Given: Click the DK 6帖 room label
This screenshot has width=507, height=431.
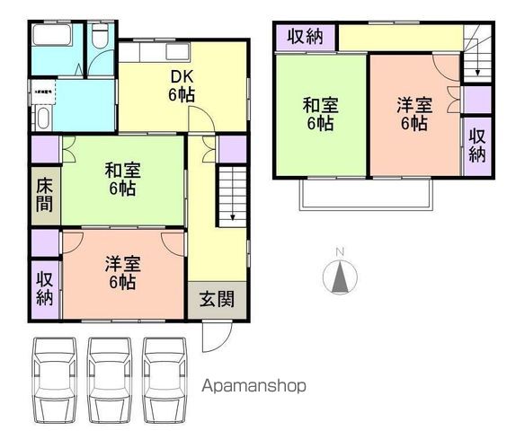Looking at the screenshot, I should [x=182, y=84].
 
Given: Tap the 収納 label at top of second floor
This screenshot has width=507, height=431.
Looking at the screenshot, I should [x=306, y=38].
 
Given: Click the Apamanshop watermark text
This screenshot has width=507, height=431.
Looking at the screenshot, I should [x=254, y=386].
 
